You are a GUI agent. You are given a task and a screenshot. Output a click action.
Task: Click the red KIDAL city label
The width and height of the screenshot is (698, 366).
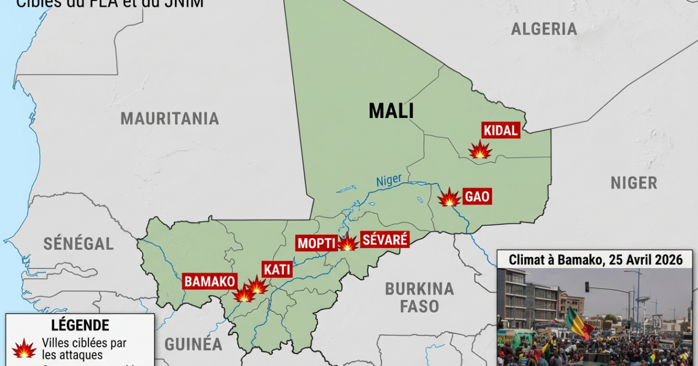click(x=500, y=131)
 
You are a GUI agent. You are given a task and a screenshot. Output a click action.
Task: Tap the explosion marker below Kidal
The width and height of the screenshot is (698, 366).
click(x=480, y=150)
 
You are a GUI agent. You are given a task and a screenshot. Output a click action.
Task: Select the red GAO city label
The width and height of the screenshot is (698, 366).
click(x=477, y=197)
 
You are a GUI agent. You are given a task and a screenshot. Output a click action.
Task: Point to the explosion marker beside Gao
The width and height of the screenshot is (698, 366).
click(x=449, y=198)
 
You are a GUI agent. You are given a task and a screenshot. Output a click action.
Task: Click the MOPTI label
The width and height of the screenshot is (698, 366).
click(x=317, y=243)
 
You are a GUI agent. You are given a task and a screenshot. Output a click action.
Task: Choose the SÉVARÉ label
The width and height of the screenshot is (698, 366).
click(x=384, y=239)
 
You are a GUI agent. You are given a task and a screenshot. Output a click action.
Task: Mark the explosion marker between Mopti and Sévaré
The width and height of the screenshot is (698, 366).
click(x=348, y=243)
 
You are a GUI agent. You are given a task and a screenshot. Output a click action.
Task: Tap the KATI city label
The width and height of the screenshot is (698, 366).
click(x=277, y=270)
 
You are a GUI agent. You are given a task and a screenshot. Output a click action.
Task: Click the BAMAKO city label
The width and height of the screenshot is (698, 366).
click(x=210, y=282)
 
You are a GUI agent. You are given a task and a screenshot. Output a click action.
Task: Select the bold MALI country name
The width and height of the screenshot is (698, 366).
click(x=391, y=110)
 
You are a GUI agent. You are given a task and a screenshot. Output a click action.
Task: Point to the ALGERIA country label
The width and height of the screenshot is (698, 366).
click(x=544, y=29)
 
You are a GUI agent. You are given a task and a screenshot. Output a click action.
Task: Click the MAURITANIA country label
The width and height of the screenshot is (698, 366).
click(x=170, y=119)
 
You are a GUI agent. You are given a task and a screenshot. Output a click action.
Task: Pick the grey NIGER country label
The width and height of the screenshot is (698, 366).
click(x=633, y=183)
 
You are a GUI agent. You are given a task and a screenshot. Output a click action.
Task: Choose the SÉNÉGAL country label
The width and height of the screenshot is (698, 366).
click(x=79, y=243)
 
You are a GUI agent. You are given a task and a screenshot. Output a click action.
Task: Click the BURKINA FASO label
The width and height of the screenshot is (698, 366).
click(x=419, y=296)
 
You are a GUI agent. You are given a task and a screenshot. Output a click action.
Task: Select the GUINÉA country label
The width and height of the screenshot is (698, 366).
click(x=193, y=344)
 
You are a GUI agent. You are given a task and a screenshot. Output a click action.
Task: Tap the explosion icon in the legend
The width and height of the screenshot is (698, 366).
click(x=24, y=349)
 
